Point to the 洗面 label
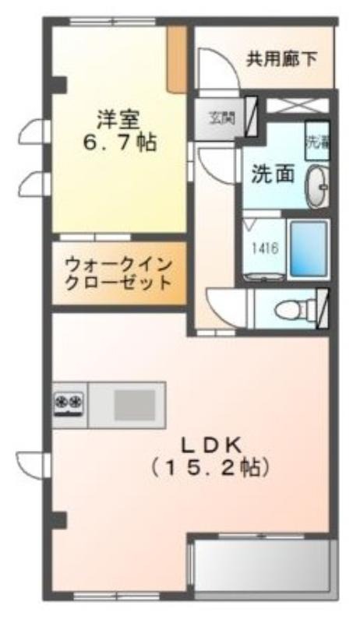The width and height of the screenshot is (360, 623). click(x=272, y=174)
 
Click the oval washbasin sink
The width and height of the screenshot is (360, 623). click(x=316, y=188)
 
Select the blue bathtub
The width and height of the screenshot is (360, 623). click(x=308, y=248)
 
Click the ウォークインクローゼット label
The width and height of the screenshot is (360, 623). click(x=118, y=273)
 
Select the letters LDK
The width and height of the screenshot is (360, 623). click(x=210, y=445)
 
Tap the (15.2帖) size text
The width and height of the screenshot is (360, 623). click(x=210, y=469)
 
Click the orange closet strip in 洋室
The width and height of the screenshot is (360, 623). click(x=178, y=59)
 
